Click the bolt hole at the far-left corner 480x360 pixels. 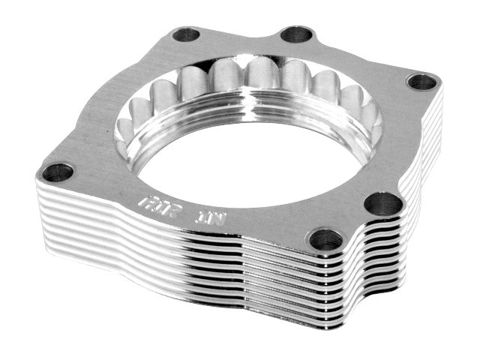57,172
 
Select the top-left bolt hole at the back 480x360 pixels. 185,34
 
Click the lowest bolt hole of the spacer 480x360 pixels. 325,239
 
